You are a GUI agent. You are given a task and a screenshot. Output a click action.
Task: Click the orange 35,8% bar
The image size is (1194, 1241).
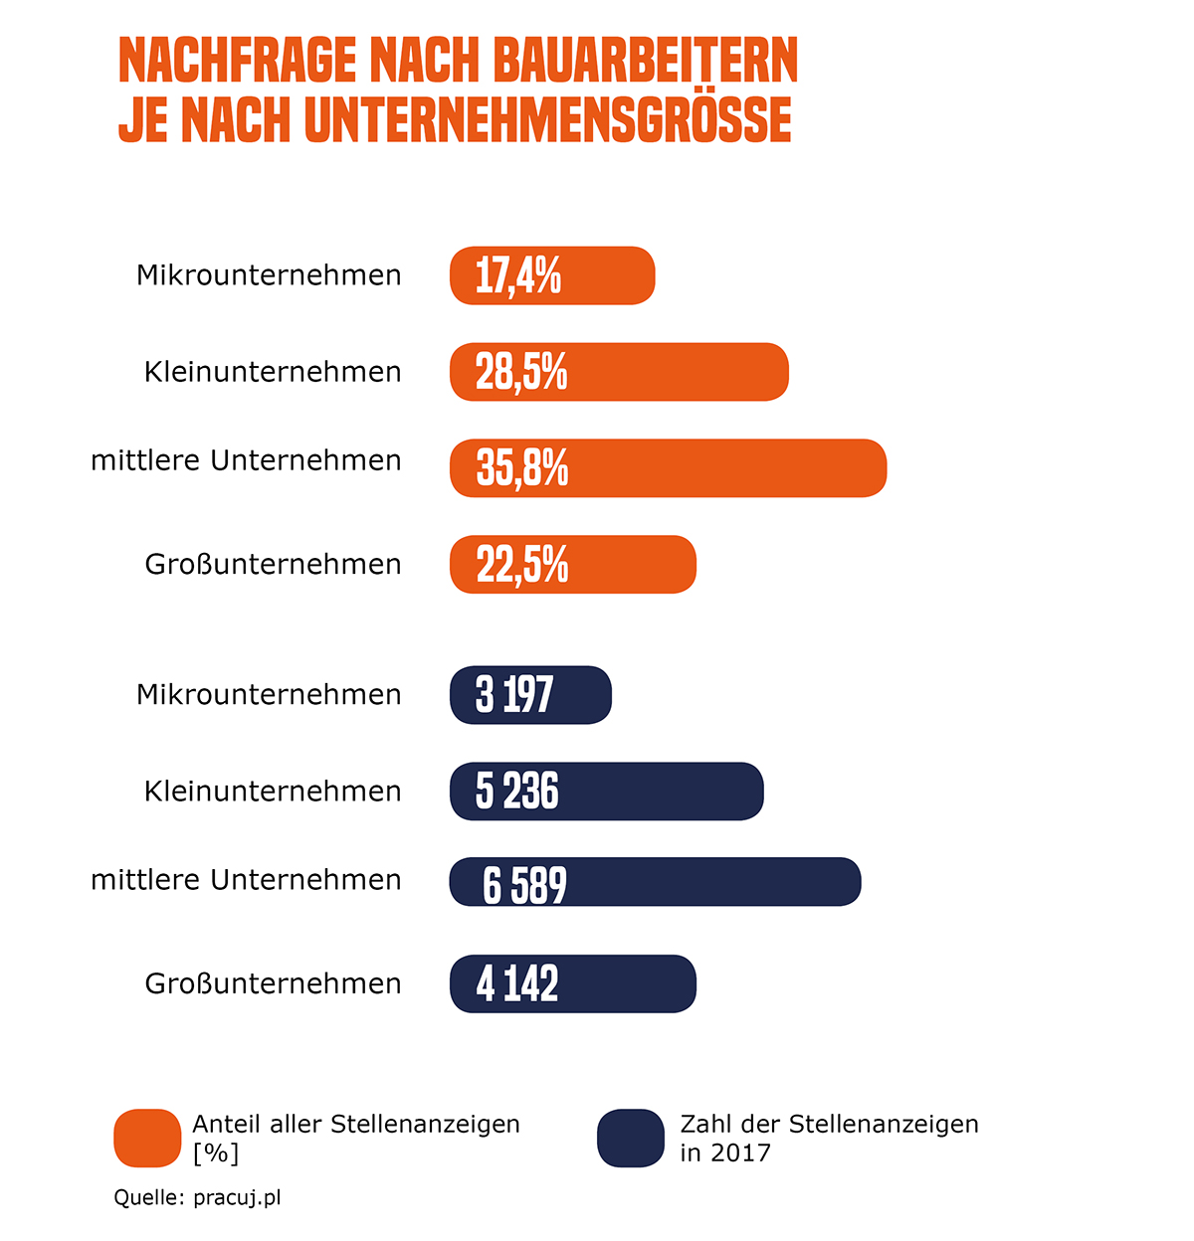(x=668, y=468)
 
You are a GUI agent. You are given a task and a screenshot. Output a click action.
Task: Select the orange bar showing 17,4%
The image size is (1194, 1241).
(x=552, y=275)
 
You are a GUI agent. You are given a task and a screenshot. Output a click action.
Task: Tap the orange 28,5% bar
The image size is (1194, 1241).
(x=619, y=372)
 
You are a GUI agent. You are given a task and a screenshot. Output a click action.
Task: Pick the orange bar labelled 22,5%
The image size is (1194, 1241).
(x=573, y=565)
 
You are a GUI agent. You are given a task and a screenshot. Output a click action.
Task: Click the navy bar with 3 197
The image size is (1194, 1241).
(x=530, y=695)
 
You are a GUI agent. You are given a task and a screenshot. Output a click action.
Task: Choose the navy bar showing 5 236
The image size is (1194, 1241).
(x=606, y=792)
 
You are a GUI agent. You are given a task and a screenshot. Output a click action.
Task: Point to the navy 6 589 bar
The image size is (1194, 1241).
(x=655, y=882)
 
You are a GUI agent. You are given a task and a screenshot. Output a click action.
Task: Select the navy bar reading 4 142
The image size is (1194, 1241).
(x=573, y=983)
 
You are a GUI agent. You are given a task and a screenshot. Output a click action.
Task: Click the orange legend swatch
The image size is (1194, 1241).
(x=147, y=1138)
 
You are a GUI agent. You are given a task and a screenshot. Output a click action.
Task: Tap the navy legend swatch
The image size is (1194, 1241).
(x=631, y=1138)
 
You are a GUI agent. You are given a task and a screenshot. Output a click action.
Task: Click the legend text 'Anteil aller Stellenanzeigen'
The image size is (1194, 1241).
(x=356, y=1124)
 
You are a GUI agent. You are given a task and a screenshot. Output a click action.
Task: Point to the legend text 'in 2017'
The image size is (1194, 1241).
(x=725, y=1152)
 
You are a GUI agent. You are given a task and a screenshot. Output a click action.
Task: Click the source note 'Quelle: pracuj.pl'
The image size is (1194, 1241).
(x=197, y=1197)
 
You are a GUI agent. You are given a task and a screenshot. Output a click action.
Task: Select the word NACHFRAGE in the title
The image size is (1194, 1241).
(x=238, y=62)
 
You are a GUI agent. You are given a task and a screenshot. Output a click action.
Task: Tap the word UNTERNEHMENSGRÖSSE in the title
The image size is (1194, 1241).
(x=548, y=120)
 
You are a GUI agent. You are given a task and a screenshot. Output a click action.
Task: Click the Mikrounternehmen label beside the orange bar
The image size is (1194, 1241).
(x=269, y=275)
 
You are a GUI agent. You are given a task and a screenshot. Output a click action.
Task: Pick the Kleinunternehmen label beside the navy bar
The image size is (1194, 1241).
(x=273, y=792)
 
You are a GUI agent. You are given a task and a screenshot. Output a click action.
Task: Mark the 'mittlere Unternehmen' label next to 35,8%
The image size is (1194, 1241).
(x=246, y=461)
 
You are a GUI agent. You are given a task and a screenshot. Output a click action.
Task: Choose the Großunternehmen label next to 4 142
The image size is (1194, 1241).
(x=273, y=983)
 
